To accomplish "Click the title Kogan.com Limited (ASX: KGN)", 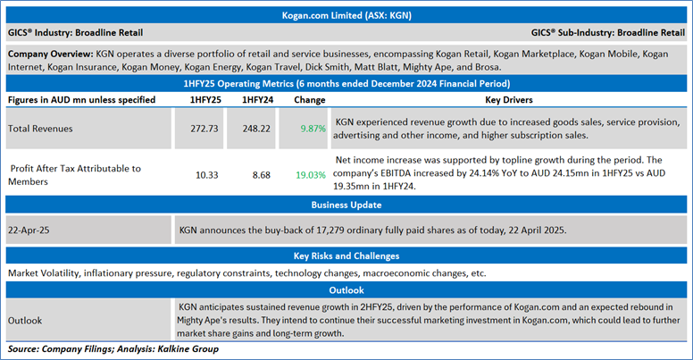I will pos(346,15).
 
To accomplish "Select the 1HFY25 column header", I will pos(206,99).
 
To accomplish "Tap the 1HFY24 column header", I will pos(258,99).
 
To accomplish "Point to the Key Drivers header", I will pos(507,99).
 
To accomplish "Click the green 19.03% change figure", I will pos(312,174).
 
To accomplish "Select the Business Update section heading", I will pos(346,205).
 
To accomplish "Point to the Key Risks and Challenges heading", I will pos(346,256).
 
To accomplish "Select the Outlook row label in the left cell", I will pos(27,319).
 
